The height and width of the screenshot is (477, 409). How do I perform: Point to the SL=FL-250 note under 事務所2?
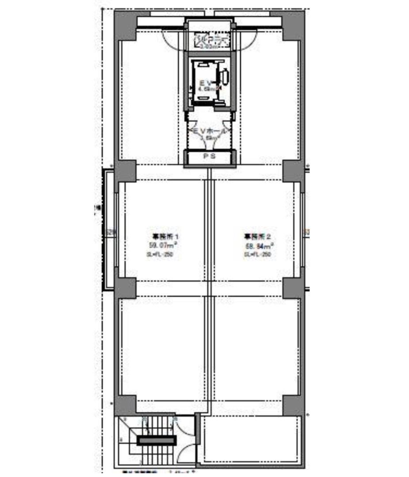point(258,255)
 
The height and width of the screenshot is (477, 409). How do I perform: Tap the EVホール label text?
point(209,131)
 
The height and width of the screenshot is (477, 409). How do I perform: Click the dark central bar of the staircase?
point(156,440)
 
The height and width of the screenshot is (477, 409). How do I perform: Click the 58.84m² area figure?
point(258,246)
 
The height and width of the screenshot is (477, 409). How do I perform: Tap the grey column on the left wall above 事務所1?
point(125,171)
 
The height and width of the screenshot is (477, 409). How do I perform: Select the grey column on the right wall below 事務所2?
point(292,288)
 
